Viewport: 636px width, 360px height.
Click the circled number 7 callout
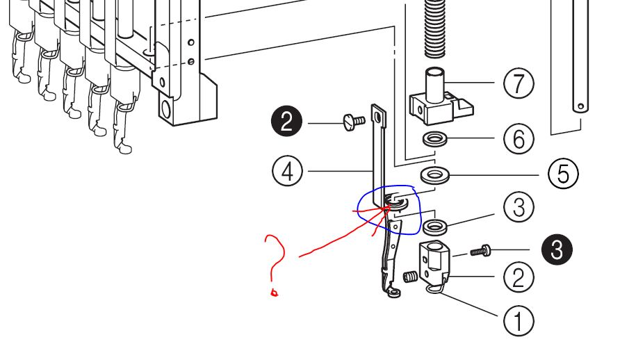519,84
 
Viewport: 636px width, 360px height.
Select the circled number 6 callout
519,140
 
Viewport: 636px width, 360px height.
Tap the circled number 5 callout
562,173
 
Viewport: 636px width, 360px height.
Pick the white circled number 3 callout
519,207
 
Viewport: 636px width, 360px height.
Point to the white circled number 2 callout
519,277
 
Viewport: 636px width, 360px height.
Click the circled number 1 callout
519,321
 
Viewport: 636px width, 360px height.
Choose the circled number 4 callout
288,170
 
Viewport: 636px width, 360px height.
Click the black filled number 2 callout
286,124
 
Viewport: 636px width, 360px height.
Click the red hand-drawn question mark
275,264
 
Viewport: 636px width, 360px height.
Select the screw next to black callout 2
353,122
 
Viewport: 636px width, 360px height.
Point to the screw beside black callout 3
480,250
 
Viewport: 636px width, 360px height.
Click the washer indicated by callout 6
436,139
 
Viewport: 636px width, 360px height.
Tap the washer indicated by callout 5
435,173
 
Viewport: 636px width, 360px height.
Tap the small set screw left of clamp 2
411,278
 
